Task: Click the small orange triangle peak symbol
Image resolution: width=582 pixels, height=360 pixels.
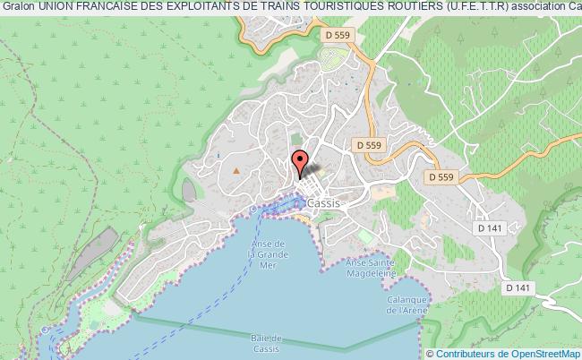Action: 235,168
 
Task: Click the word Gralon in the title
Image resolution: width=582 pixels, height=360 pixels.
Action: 18,8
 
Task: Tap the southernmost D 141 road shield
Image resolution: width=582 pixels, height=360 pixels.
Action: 517,287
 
